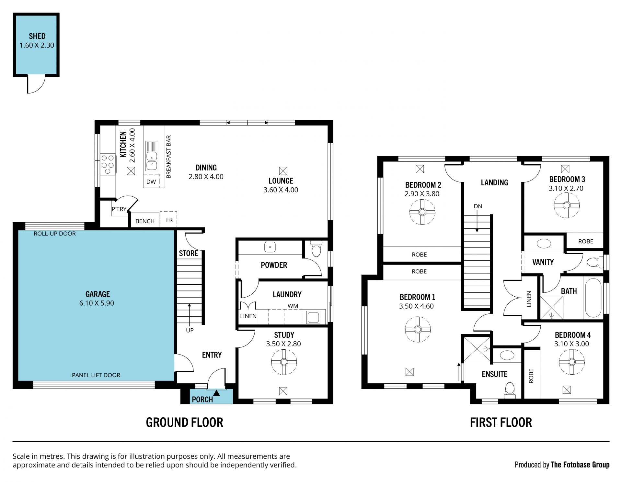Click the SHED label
pyautogui.click(x=37, y=36)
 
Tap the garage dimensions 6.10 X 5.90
pyautogui.click(x=97, y=303)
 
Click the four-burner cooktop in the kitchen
pyautogui.click(x=108, y=164)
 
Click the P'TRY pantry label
pyautogui.click(x=119, y=209)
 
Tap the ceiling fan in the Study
pyautogui.click(x=284, y=362)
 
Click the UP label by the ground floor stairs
pyautogui.click(x=190, y=330)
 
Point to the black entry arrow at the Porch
pyautogui.click(x=216, y=393)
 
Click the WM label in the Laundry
pyautogui.click(x=293, y=306)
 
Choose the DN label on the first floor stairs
pyautogui.click(x=478, y=206)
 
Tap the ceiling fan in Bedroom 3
pyautogui.click(x=567, y=205)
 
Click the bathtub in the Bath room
pyautogui.click(x=593, y=298)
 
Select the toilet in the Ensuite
pyautogui.click(x=510, y=389)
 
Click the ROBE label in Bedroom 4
pyautogui.click(x=531, y=376)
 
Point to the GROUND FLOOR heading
pyautogui.click(x=184, y=422)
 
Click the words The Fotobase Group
pyautogui.click(x=580, y=465)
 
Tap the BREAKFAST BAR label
pyautogui.click(x=168, y=157)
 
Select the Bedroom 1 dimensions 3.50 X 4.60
pyautogui.click(x=416, y=306)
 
